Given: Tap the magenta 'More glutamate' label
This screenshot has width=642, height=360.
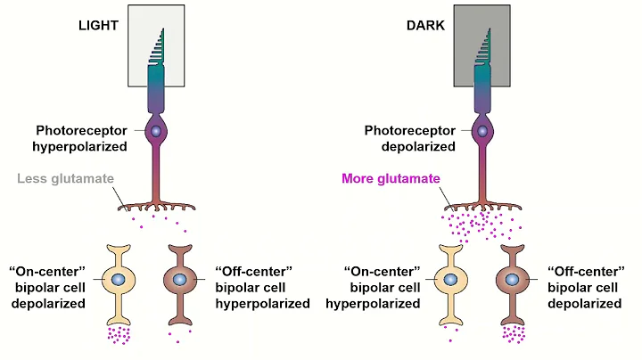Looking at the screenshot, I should coord(391,178).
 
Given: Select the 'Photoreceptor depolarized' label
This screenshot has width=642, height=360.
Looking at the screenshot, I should coord(409,138).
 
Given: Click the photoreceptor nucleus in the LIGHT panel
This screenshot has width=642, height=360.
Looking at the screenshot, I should coord(156,132).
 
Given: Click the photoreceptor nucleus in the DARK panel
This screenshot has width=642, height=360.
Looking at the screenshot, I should coord(482,132).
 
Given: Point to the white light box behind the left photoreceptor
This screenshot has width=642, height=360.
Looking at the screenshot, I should coord(138,45).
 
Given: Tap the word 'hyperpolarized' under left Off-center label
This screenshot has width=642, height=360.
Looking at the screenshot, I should coord(263,303).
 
